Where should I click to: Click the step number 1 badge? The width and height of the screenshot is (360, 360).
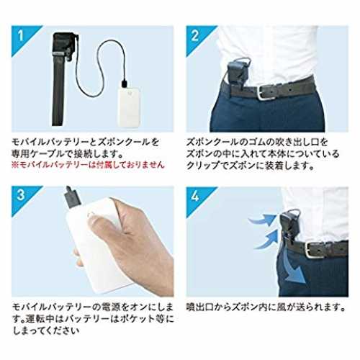click(20, 36)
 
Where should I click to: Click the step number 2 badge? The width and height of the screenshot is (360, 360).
click(195, 36)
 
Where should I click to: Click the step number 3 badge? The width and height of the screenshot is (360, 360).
click(20, 196)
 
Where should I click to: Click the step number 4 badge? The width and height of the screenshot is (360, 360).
click(195, 196)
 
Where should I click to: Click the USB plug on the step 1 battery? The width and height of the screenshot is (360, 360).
click(124, 84)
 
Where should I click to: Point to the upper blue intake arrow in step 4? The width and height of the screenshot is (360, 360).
click(263, 220)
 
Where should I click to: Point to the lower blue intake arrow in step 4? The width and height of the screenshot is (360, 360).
click(266, 239)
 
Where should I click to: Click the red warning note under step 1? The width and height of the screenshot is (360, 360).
click(88, 165)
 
